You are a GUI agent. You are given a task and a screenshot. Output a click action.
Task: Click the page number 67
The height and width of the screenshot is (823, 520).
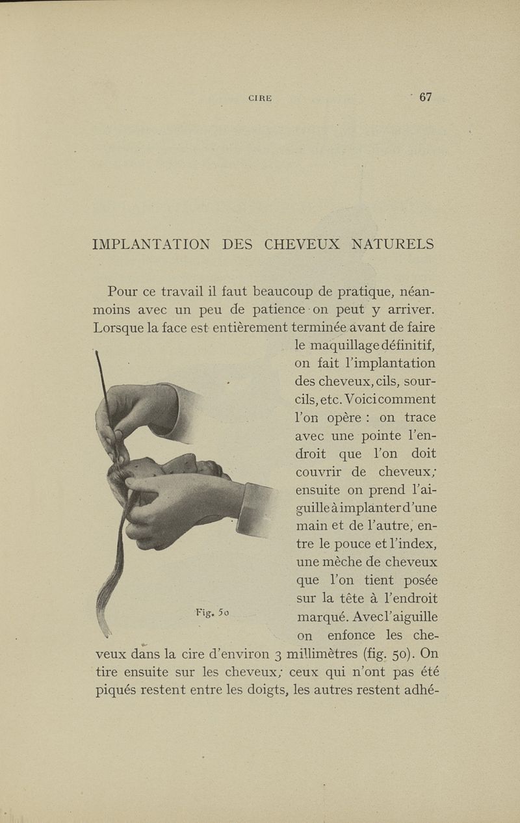pyautogui.click(x=426, y=98)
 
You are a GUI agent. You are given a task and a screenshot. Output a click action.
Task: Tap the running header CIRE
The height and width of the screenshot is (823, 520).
pyautogui.click(x=260, y=99)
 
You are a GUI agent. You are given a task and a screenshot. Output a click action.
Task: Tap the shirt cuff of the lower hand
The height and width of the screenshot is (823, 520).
pyautogui.click(x=255, y=510)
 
